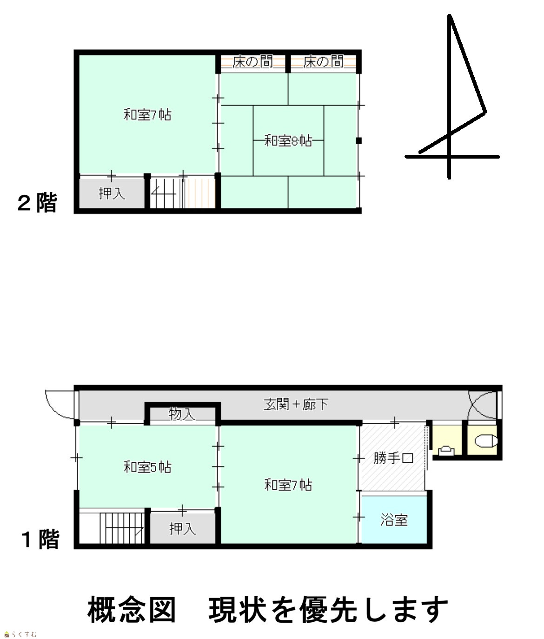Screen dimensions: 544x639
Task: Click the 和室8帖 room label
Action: click(x=288, y=141)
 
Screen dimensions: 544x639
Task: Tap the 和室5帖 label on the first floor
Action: click(x=147, y=467)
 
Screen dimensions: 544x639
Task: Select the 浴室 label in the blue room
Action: click(x=394, y=520)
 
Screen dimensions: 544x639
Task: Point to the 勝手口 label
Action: click(x=393, y=458)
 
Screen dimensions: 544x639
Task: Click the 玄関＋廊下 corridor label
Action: click(x=296, y=404)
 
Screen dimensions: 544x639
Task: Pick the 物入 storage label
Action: click(x=182, y=414)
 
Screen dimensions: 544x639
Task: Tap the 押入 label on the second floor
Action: click(x=112, y=194)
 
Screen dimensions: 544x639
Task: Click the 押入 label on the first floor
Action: click(x=183, y=529)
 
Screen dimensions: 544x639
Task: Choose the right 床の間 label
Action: click(x=323, y=62)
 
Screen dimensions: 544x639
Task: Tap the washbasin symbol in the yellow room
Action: click(x=446, y=451)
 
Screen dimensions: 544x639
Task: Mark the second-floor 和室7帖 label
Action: click(x=147, y=115)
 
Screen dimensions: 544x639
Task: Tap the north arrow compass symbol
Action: click(x=452, y=96)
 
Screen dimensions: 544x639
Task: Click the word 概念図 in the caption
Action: click(x=132, y=609)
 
